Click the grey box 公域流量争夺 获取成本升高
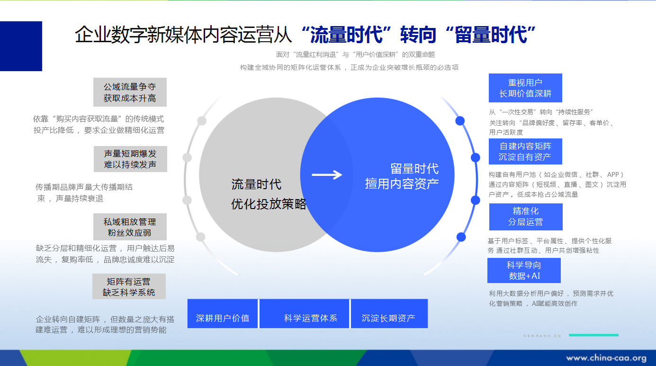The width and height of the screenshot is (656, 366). pos(130,92)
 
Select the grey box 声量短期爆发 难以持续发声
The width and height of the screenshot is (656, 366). pos(130,159)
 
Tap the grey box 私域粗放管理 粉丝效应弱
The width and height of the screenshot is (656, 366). pos(130,227)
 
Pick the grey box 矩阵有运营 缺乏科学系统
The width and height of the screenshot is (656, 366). pos(129,286)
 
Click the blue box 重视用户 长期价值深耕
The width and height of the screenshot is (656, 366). pos(525,88)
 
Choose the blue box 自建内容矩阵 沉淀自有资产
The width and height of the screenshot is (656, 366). pos(525,152)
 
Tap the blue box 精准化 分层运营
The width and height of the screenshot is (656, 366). pos(526,217)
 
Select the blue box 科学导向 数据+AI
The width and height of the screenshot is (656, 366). pos(524,271)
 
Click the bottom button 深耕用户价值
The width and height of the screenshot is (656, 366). pos(223,313)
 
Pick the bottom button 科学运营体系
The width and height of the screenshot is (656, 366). pos(304,313)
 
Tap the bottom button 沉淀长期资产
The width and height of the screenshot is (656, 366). pos(389,313)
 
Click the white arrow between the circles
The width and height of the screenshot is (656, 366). pos(327,174)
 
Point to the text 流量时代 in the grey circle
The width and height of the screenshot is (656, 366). pos(256,184)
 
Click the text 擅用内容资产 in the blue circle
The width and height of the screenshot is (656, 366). pos(402,184)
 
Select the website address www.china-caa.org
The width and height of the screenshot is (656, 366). pos(606,358)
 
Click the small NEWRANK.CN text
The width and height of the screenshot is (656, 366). pos(542,336)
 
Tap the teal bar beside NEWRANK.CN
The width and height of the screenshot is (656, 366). pos(593,335)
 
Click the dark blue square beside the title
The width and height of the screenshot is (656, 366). pos(21,46)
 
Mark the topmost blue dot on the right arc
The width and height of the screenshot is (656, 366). pos(460,121)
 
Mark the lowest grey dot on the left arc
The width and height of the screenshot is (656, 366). pos(201,237)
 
